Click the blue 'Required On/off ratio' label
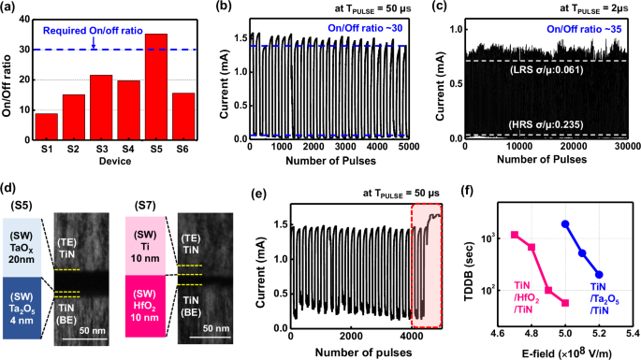pyautogui.click(x=93, y=29)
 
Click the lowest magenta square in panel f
pyautogui.click(x=565, y=303)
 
